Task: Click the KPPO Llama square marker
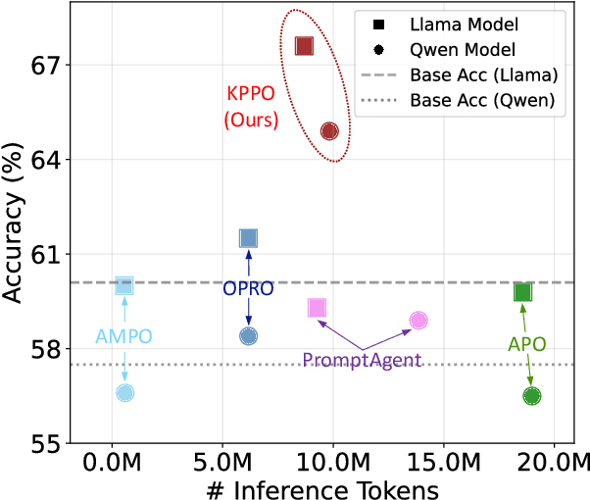304,46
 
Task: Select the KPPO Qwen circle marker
329,131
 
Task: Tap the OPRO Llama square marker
248,238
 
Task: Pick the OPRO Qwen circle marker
248,336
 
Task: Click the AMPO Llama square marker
124,285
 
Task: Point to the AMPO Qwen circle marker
124,393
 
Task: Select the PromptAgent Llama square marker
317,308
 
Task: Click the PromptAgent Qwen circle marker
418,321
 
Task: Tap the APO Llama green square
522,292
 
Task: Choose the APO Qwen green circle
532,396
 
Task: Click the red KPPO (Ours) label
250,109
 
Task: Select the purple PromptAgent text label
364,360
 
